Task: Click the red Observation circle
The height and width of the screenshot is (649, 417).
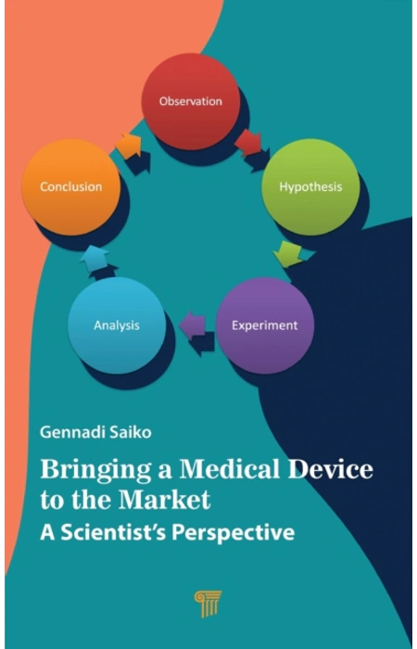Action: tap(191, 101)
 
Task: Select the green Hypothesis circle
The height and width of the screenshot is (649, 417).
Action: tap(310, 187)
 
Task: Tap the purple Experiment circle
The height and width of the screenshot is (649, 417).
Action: tap(265, 325)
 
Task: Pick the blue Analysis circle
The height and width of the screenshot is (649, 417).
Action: tap(117, 325)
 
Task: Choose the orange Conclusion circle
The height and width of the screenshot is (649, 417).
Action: tap(70, 187)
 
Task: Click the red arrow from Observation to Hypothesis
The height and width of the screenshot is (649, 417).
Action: tap(248, 143)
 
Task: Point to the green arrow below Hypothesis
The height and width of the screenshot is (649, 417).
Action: tap(288, 254)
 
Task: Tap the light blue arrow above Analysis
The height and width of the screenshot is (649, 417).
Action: tap(95, 260)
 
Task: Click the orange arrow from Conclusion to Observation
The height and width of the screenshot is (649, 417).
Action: tap(129, 146)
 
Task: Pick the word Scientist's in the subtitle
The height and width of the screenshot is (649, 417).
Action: tap(114, 533)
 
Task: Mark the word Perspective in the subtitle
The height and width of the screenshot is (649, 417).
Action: tap(234, 534)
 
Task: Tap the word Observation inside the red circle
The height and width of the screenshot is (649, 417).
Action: tap(191, 101)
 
